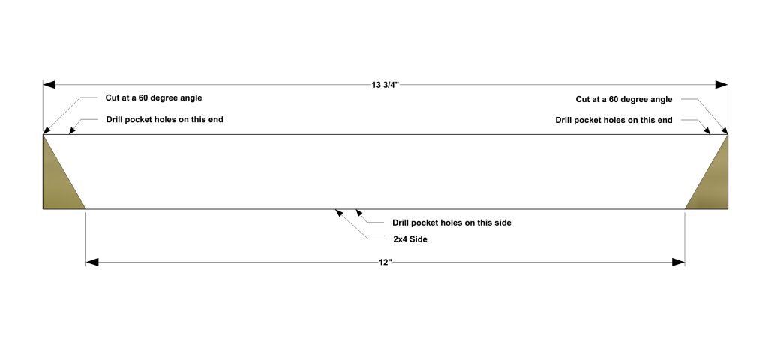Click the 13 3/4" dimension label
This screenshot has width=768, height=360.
[385, 85]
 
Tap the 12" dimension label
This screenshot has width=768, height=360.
[385, 262]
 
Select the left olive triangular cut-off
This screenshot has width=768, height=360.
[58, 184]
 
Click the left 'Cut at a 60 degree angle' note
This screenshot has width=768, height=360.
[154, 98]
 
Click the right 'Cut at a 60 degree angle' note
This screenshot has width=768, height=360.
[624, 100]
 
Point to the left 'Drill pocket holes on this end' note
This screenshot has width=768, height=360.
[164, 120]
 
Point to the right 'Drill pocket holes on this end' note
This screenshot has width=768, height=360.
[613, 121]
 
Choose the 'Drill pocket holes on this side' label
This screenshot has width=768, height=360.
[451, 223]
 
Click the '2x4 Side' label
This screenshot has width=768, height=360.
[409, 239]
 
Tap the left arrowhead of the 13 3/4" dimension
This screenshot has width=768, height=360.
[49, 85]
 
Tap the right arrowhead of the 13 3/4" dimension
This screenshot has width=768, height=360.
[721, 85]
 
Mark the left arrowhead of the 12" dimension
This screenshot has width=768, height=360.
[92, 262]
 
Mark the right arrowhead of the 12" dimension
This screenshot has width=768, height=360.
[678, 262]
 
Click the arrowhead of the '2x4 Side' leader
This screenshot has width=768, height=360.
[339, 213]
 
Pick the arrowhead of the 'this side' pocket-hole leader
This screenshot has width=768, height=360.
[359, 213]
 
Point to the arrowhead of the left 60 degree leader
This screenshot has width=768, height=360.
[47, 130]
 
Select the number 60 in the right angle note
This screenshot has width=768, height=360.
[613, 100]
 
